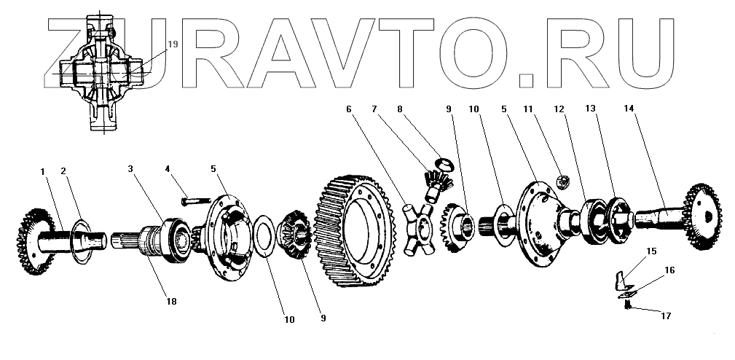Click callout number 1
click(43, 171)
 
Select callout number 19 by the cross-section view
click(173, 44)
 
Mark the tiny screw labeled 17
click(625, 305)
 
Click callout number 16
click(669, 270)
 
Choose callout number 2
click(64, 171)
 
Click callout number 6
click(349, 109)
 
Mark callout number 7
click(374, 109)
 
